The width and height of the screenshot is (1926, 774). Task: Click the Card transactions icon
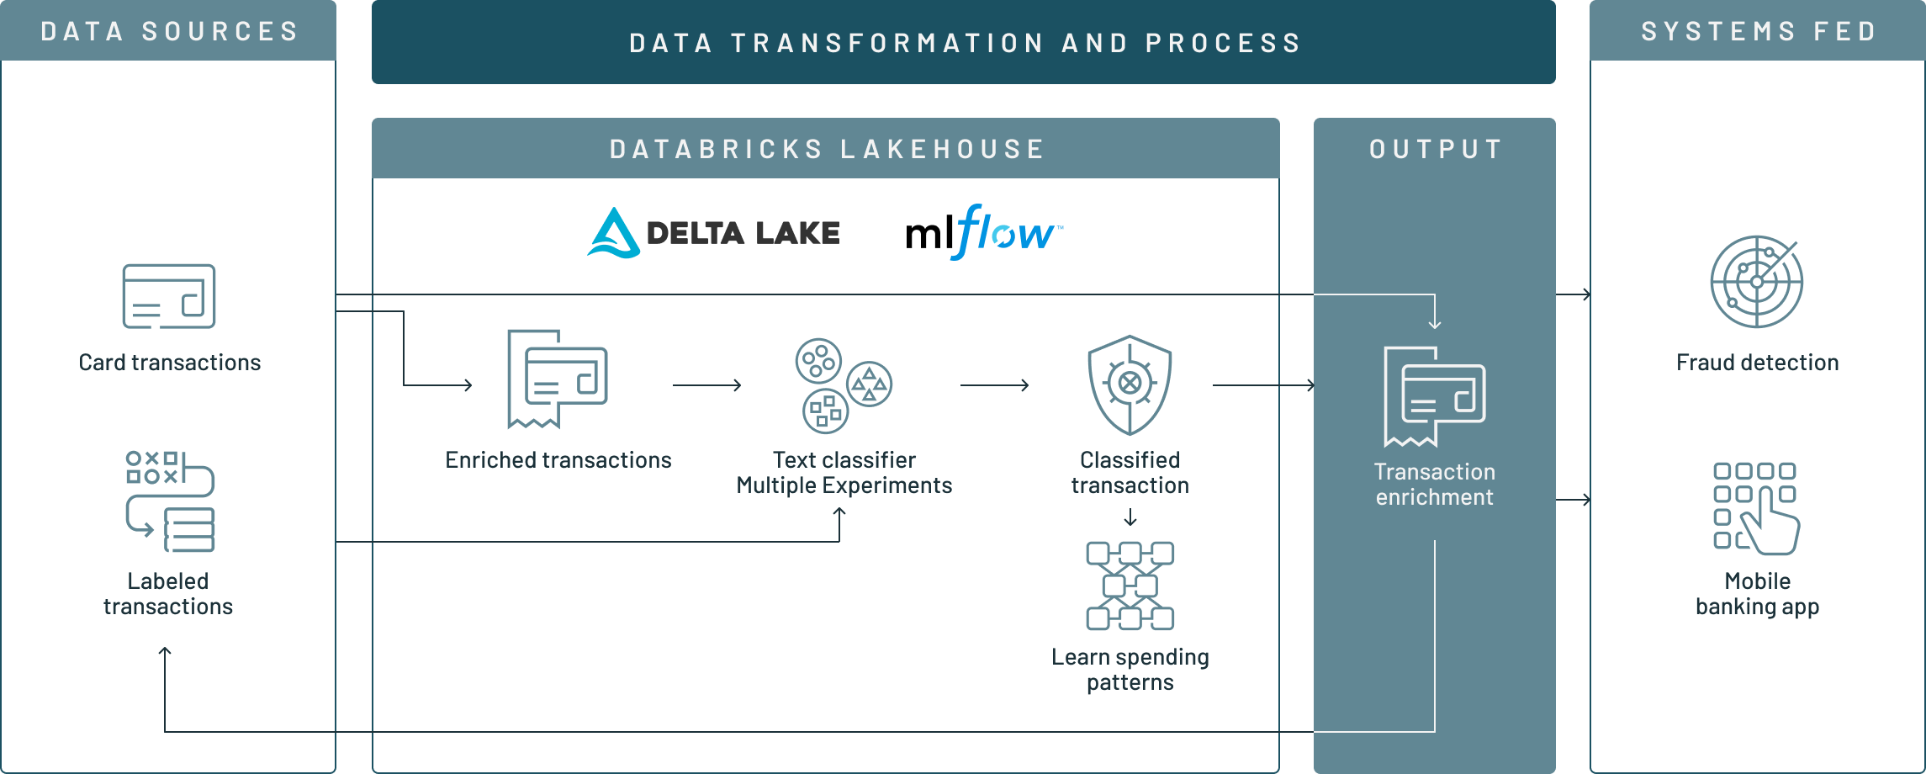tap(169, 296)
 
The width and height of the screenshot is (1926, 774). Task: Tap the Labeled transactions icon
tap(170, 501)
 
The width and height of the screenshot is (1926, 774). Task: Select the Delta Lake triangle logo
tap(614, 233)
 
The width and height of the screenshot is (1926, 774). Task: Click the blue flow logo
tap(1006, 231)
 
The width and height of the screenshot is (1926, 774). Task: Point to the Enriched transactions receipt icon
tap(557, 379)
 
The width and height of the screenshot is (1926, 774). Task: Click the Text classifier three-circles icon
tap(844, 385)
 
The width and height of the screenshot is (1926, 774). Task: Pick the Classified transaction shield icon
tap(1130, 385)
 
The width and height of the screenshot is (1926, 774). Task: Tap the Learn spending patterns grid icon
tap(1130, 586)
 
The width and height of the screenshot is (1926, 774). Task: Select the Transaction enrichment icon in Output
tap(1434, 396)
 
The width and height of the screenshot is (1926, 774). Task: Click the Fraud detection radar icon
tap(1757, 282)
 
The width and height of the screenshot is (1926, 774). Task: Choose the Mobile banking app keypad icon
tap(1756, 508)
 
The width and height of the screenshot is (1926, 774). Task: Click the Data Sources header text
tap(169, 31)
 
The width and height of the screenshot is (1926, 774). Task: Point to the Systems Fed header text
tap(1759, 31)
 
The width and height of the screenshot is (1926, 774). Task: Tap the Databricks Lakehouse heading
tap(827, 149)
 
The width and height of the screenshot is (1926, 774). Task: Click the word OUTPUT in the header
tap(1436, 149)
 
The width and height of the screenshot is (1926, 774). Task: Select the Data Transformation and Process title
tap(965, 42)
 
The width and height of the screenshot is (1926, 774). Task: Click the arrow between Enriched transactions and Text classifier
tap(707, 385)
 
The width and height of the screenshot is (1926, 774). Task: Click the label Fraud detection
tap(1757, 363)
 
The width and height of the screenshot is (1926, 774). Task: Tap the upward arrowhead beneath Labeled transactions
tap(165, 652)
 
